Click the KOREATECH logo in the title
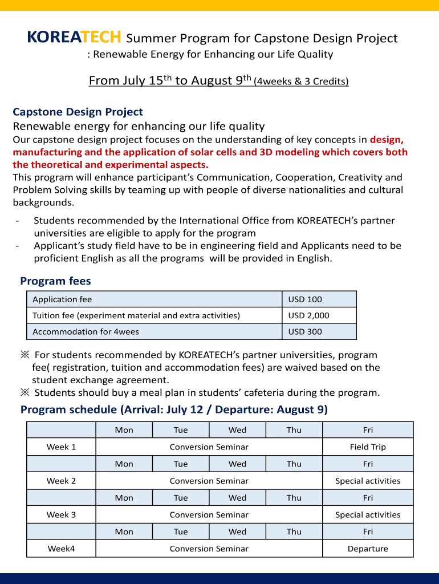[x=74, y=38]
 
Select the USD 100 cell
[x=305, y=299]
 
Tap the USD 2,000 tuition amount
[x=308, y=315]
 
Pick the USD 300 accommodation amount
[x=305, y=332]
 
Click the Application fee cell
[x=62, y=299]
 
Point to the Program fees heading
[x=55, y=281]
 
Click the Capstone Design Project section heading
[x=78, y=112]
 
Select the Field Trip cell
[x=368, y=447]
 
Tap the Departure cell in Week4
[x=368, y=549]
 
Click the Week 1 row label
[x=61, y=447]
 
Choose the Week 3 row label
[x=61, y=514]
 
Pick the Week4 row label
[x=61, y=549]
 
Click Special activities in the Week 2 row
[x=368, y=481]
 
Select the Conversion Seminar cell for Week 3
[x=209, y=514]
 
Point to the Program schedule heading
[x=174, y=409]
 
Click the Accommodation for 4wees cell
[x=86, y=332]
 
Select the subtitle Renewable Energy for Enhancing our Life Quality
[x=213, y=55]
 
